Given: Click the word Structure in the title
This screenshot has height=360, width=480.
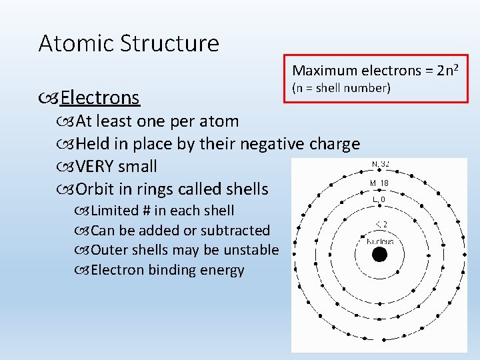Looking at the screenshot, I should [170, 43].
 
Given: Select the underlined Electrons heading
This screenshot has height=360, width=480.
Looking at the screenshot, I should [99, 98].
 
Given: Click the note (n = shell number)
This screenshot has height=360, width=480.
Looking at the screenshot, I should [341, 88].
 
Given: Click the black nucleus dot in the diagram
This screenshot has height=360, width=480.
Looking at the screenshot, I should [379, 255].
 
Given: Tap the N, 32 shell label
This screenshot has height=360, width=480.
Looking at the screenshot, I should [380, 164].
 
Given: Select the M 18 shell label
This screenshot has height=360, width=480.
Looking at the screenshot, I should [379, 183].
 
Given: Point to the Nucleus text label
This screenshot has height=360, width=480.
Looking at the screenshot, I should [379, 241].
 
